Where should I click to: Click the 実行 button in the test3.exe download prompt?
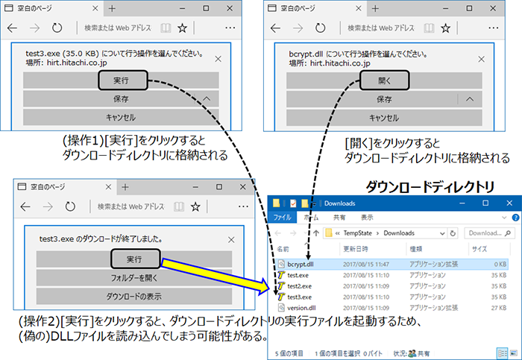[121, 80]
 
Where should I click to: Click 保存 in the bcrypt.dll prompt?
[384, 99]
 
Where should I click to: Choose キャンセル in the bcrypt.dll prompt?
[384, 117]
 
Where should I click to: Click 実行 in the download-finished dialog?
[135, 259]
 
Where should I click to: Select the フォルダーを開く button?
[135, 277]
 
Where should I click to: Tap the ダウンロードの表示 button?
[135, 295]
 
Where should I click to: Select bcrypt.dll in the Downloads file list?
[301, 264]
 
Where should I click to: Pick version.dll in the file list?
[301, 306]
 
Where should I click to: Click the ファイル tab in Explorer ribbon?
[283, 218]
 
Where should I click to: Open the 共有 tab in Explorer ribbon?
[339, 218]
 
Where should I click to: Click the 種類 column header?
[415, 249]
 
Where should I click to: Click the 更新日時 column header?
[356, 249]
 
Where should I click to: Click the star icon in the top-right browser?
[445, 28]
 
